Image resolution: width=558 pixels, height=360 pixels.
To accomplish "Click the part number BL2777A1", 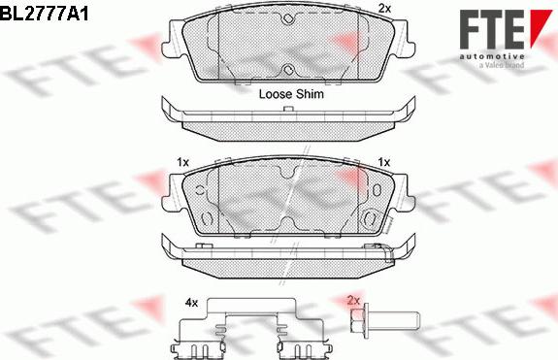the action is (44, 15).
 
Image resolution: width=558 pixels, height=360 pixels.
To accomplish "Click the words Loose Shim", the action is (291, 94).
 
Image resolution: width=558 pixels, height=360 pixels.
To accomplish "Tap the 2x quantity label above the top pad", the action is (384, 8).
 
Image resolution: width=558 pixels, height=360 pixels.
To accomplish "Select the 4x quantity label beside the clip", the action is (191, 303).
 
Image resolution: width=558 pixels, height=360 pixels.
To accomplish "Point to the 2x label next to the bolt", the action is (354, 301).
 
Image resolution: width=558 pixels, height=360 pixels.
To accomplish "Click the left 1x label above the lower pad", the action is (182, 163).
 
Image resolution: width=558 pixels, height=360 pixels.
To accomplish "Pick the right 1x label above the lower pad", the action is (384, 163).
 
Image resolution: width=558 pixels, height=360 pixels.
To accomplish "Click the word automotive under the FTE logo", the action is (492, 56).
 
